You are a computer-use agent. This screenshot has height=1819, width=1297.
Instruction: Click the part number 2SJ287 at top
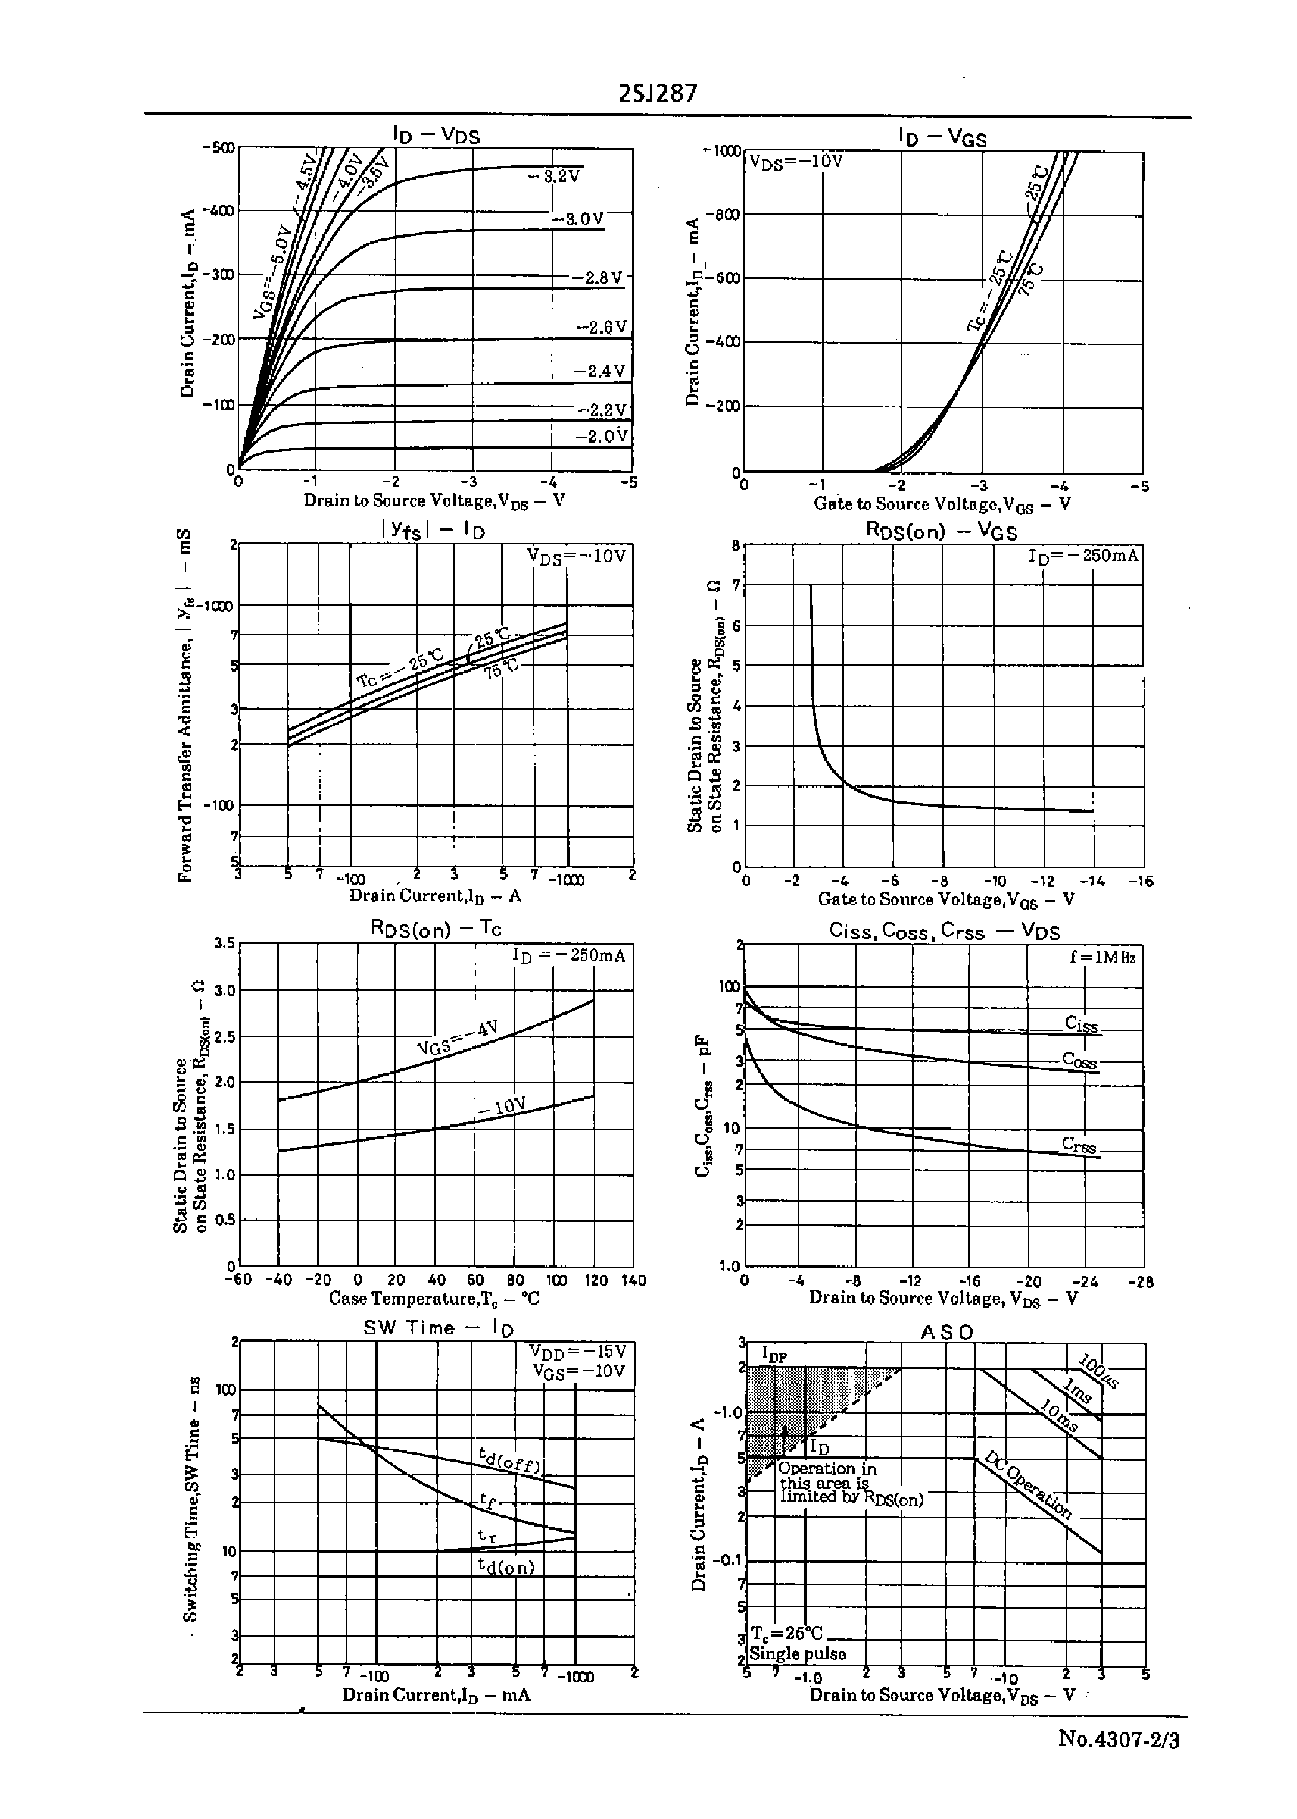click(x=657, y=94)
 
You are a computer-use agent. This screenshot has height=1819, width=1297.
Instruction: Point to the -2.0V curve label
click(x=601, y=436)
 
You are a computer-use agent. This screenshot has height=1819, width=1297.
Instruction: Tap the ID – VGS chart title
click(x=942, y=137)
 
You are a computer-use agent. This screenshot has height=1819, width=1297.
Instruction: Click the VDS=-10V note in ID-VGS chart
click(x=796, y=160)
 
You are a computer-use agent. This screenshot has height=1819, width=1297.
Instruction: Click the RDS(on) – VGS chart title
click(x=942, y=531)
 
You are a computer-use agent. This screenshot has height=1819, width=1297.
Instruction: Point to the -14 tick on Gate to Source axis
click(x=1092, y=881)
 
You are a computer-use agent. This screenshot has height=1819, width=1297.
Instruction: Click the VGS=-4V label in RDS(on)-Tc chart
click(x=458, y=1037)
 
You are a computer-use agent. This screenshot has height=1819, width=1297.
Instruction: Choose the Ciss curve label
click(x=1081, y=1025)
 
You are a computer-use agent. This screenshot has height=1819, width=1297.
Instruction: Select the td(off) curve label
click(x=509, y=1460)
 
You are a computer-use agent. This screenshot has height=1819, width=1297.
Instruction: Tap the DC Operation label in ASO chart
click(x=1027, y=1484)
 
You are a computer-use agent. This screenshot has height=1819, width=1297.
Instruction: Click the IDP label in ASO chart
click(x=774, y=1353)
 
